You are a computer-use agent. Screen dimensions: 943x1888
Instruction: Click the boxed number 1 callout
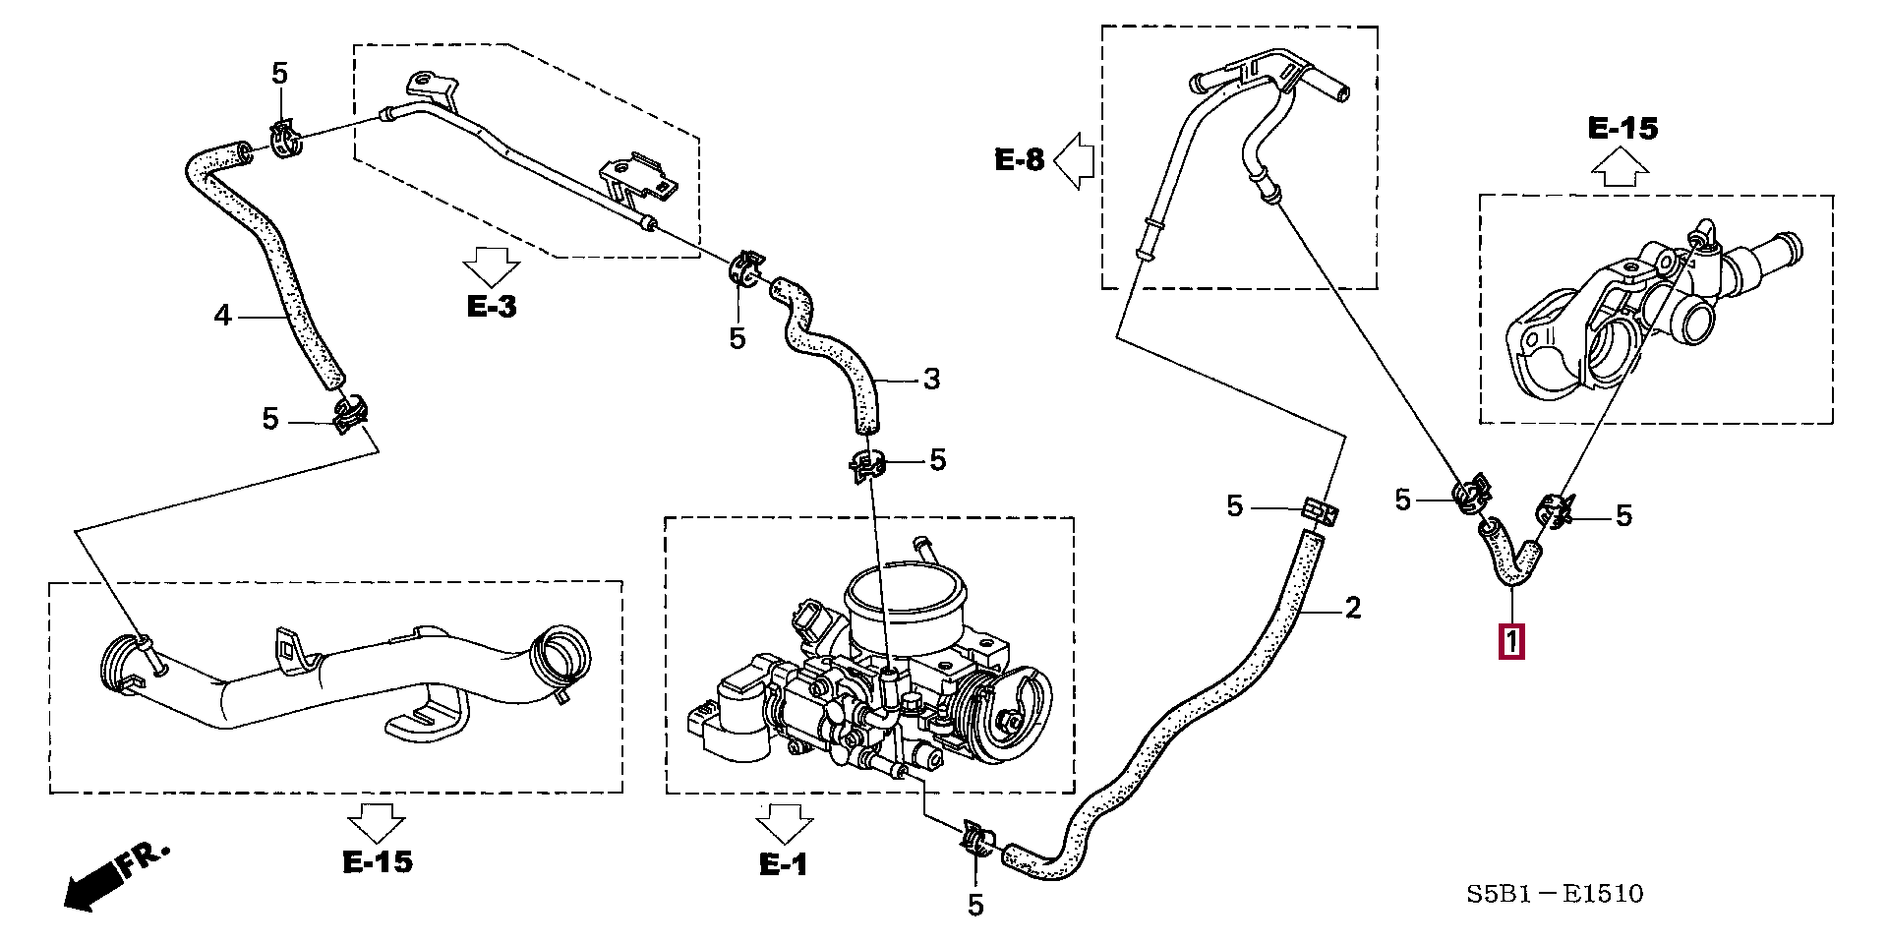coord(1511,641)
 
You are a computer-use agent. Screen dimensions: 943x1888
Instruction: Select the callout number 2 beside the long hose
coord(1353,609)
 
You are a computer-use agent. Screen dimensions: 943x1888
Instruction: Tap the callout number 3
coord(931,380)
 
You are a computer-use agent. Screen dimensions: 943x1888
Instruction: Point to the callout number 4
coord(223,316)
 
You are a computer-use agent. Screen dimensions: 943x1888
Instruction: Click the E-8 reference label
coord(1019,160)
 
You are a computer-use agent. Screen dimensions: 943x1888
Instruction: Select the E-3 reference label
coord(492,307)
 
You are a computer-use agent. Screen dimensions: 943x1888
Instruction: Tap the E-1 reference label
coord(784,864)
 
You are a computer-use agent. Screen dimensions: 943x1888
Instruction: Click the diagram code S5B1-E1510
coord(1555,894)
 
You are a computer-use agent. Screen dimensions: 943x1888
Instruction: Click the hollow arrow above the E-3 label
coord(491,266)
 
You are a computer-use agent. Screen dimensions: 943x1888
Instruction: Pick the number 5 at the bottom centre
coord(975,905)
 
